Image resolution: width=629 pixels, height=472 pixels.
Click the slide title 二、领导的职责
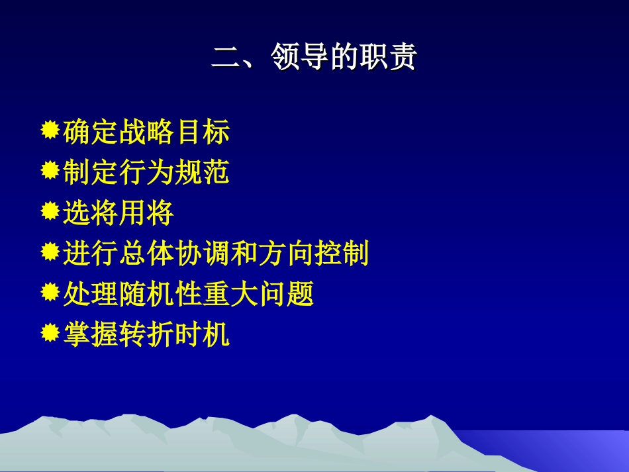coord(314,58)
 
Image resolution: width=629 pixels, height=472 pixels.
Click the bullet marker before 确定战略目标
coord(50,131)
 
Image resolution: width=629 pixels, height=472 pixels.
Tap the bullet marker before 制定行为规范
coord(50,171)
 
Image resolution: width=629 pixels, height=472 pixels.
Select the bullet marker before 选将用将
coord(50,212)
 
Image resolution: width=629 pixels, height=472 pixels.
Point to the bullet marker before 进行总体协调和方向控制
coord(50,252)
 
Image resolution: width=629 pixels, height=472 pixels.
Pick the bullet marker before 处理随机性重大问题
coord(50,293)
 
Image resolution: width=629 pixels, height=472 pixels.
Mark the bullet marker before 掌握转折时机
coord(50,333)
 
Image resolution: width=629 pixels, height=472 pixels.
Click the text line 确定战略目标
coord(146,132)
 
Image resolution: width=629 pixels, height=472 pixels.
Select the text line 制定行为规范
coord(146,173)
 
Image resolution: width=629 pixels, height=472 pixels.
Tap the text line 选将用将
coord(119,213)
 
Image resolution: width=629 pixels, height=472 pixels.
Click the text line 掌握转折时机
coord(146,334)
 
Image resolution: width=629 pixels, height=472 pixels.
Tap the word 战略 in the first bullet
coord(146,132)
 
